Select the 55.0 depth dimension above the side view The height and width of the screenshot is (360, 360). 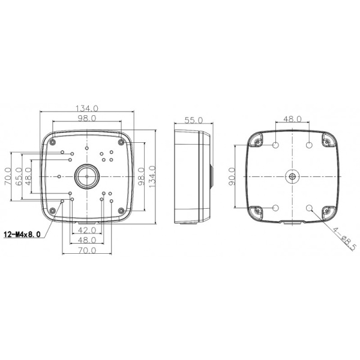193,120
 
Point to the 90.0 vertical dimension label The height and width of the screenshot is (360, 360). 232,178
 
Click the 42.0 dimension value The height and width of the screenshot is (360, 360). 88,230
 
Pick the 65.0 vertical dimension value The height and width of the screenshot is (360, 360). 19,178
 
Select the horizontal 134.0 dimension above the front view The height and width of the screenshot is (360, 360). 86,109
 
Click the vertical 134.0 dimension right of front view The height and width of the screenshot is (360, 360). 152,178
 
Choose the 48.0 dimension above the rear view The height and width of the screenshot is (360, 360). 292,119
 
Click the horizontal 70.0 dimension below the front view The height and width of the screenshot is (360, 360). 87,250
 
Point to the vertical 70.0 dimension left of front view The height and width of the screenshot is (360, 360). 8,178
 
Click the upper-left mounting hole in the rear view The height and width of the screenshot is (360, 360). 275,146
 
